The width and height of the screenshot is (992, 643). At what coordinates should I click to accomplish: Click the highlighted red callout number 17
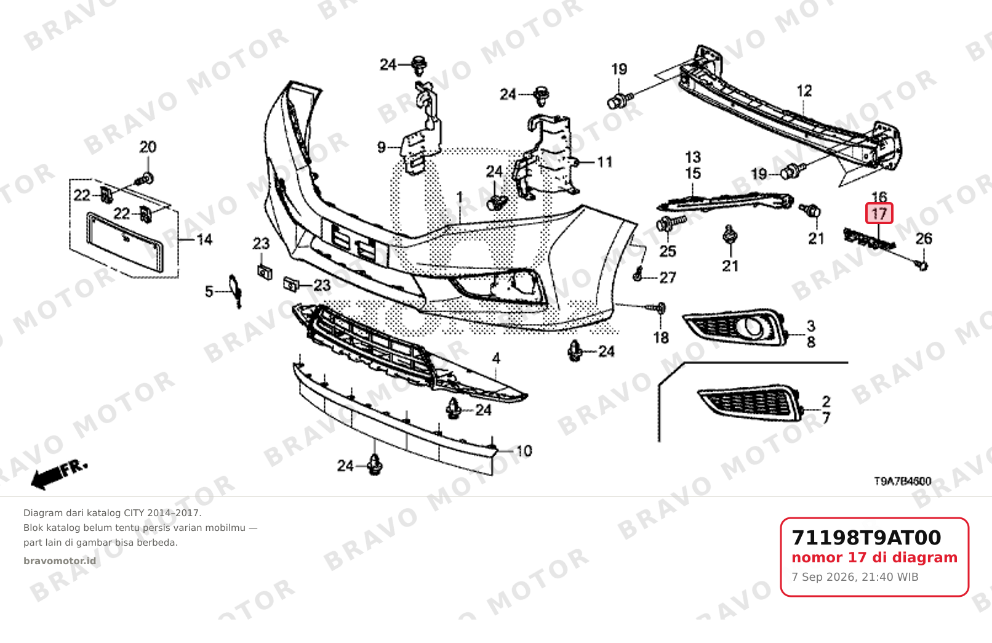[x=879, y=214]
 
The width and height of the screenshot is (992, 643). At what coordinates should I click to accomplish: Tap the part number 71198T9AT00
[x=866, y=538]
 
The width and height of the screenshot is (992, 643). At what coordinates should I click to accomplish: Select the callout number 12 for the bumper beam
[x=804, y=91]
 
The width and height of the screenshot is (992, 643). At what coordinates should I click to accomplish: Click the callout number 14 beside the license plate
[x=204, y=240]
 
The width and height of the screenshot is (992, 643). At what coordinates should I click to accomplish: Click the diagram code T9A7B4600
[x=903, y=481]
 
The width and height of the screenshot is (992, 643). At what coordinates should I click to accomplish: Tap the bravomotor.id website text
[x=60, y=561]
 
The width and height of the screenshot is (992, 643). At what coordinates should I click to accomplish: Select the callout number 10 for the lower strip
[x=524, y=451]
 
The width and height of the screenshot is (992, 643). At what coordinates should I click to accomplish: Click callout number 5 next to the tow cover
[x=209, y=291]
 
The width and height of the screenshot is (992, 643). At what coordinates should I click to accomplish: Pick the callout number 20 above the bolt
[x=148, y=147]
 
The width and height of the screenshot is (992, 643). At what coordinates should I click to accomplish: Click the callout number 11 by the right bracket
[x=604, y=162]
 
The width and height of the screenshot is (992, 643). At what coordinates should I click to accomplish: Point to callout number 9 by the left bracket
[x=382, y=147]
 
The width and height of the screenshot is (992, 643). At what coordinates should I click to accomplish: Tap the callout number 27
[x=668, y=278]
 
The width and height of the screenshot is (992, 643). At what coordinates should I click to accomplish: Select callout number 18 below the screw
[x=661, y=338]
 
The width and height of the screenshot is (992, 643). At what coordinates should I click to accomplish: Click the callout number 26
[x=924, y=239]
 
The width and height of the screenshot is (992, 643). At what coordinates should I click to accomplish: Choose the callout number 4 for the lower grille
[x=496, y=358]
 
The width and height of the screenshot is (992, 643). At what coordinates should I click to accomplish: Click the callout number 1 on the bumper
[x=460, y=198]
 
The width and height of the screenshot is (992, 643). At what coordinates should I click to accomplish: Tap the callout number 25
[x=668, y=252]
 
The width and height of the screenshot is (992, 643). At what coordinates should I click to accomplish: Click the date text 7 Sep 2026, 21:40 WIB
[x=855, y=577]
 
